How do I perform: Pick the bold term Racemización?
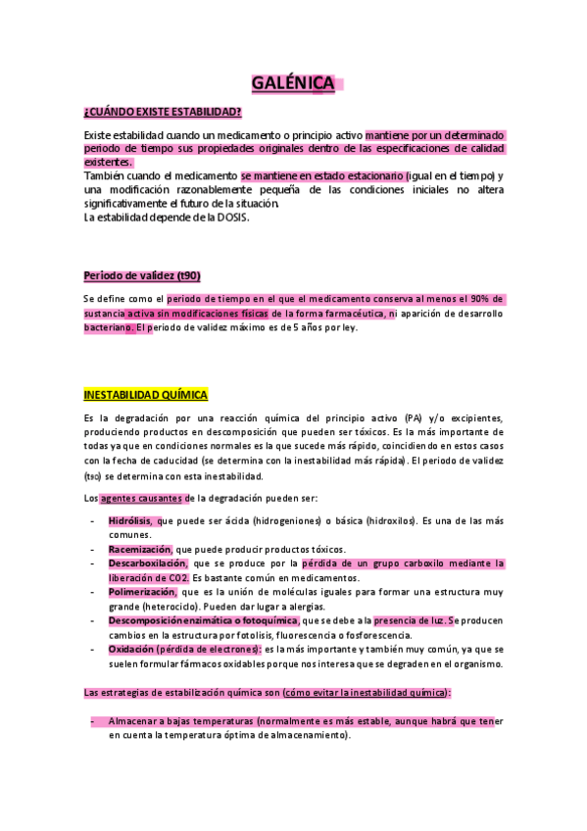point(139,550)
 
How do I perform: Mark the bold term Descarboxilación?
point(147,563)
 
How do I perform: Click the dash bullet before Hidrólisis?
point(92,521)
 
